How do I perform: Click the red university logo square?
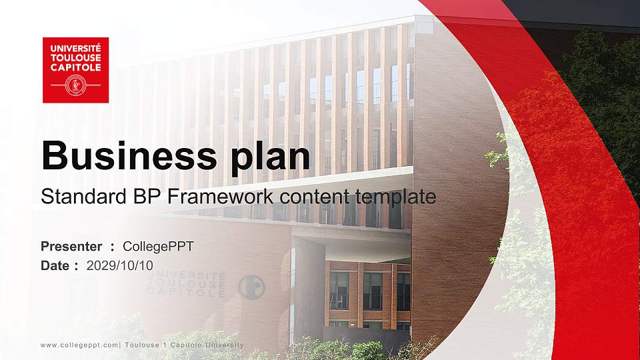pos(75,70)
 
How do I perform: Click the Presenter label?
pos(71,247)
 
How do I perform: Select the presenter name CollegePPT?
pos(159,247)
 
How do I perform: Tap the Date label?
pos(55,265)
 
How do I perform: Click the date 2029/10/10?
pos(120,265)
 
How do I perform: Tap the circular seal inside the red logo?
pos(75,85)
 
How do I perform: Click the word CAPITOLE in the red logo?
pos(75,67)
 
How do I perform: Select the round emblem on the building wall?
pos(251,287)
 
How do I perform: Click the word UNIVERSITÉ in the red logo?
pos(75,49)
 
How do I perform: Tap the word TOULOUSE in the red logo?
pos(75,58)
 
